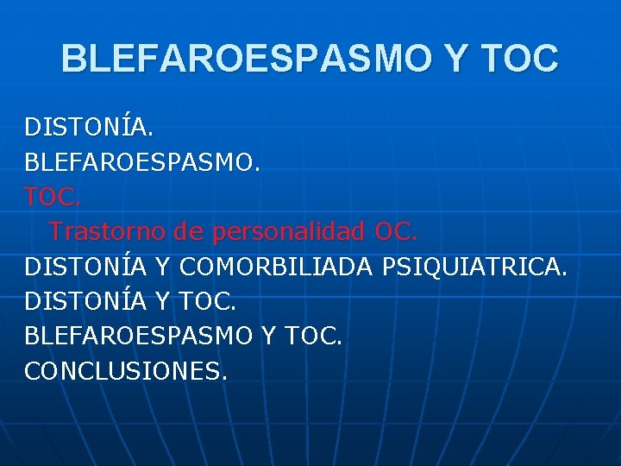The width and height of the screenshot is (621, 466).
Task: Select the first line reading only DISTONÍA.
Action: (x=89, y=128)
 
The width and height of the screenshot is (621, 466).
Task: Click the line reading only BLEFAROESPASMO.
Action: (x=141, y=162)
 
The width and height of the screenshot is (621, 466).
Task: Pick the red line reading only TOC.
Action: (x=53, y=197)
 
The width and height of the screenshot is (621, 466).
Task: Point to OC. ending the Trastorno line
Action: (x=396, y=232)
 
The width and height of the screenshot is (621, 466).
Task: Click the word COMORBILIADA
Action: (x=273, y=267)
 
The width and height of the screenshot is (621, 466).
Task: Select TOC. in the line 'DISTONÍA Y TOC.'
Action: (x=208, y=301)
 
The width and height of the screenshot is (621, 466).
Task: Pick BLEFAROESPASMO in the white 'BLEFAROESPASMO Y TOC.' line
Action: (x=137, y=336)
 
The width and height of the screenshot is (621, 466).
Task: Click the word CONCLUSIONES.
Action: (x=126, y=371)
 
